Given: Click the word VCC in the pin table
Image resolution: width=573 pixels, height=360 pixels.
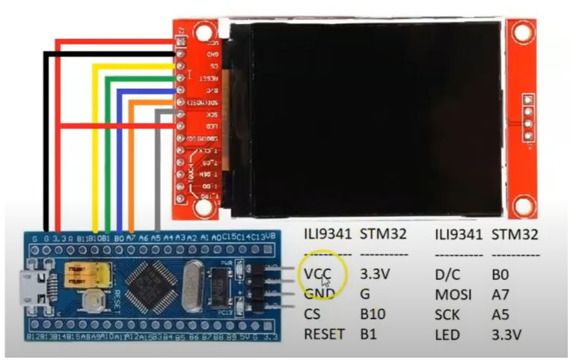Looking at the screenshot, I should [x=317, y=274].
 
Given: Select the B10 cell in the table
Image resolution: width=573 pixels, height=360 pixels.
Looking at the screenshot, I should [x=373, y=315].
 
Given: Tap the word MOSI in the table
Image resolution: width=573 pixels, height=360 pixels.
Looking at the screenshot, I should [x=453, y=295].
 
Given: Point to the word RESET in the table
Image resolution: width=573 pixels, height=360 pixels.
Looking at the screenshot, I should [x=324, y=336].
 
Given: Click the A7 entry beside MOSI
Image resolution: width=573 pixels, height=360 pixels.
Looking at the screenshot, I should [x=500, y=295].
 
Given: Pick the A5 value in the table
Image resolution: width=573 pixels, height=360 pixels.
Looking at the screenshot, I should [x=500, y=315].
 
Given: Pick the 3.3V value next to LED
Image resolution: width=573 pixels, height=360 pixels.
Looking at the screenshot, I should [x=507, y=336].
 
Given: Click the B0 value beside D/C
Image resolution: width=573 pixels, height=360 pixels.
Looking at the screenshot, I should [x=500, y=274].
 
